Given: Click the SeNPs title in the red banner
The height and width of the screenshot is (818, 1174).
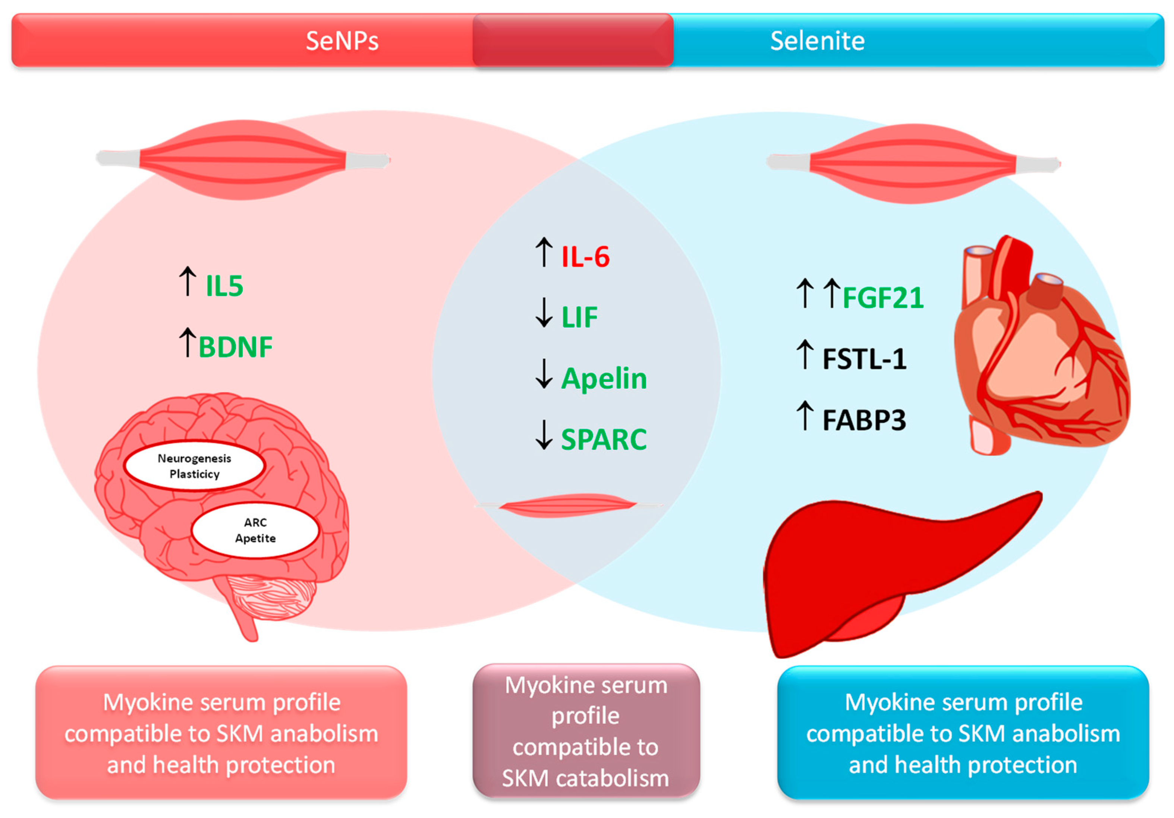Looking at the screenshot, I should [342, 41].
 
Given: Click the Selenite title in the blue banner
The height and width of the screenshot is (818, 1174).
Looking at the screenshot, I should [817, 41].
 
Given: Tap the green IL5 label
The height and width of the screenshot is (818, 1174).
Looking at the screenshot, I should [224, 286].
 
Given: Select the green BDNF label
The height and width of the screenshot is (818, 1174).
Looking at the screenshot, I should [235, 347].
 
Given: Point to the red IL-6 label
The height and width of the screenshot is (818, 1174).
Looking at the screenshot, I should [585, 257].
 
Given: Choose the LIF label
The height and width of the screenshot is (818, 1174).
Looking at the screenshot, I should [579, 318].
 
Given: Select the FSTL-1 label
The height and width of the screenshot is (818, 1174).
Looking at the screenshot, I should [864, 359].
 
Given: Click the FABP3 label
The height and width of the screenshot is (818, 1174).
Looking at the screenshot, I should [864, 420].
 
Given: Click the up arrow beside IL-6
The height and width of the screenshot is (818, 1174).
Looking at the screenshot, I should [544, 252].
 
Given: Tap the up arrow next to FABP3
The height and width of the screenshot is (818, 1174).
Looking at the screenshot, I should [805, 415].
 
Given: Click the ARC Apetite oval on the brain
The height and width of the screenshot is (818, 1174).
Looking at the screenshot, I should [255, 530].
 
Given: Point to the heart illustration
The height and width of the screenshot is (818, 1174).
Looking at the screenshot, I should [1038, 348].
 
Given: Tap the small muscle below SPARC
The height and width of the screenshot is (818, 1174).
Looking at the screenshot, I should [567, 505].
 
